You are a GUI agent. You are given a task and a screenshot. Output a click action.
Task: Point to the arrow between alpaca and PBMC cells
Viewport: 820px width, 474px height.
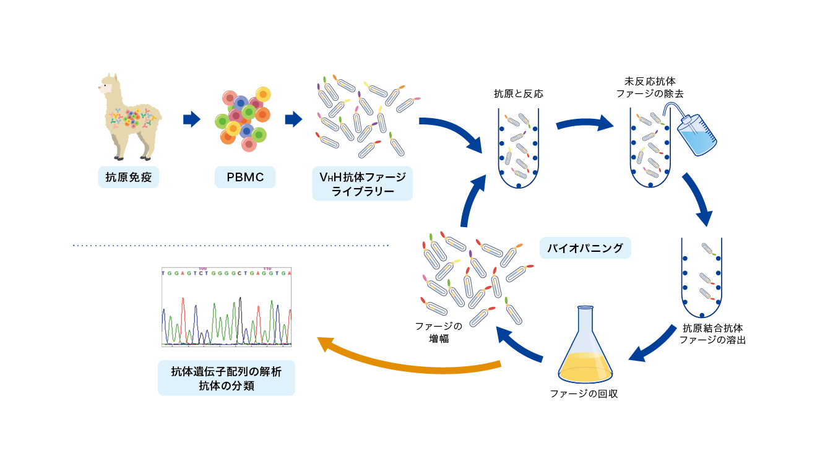coord(192,119)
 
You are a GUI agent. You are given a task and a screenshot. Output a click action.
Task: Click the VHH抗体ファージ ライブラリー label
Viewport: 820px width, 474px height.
coord(362,184)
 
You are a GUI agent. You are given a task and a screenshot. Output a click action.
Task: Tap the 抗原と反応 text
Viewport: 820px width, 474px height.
coord(518,94)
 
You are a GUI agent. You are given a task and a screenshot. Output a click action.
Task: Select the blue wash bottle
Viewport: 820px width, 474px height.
coord(697,135)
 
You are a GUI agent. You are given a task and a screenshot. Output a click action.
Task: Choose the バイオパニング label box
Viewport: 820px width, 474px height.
coord(585,248)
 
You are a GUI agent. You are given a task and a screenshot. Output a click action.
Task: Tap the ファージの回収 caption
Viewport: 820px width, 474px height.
coord(584,394)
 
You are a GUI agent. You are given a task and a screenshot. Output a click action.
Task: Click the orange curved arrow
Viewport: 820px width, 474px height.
coord(408,362)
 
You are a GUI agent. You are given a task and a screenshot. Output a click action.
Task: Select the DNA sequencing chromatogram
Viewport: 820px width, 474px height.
coord(227,307)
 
